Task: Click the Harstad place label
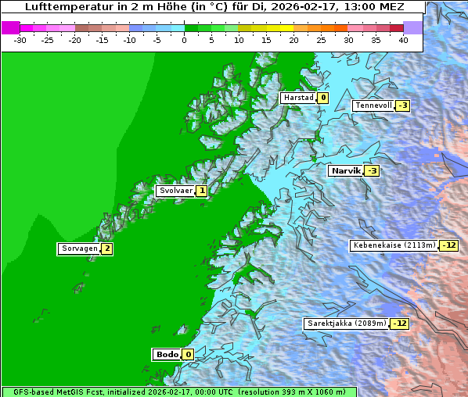point(298,98)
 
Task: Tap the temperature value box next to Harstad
point(322,98)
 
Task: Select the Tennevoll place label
point(373,106)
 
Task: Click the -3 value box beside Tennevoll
point(402,106)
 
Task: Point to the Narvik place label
point(345,170)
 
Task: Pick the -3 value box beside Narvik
point(373,171)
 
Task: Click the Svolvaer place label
point(175,191)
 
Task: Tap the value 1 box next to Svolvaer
point(201,191)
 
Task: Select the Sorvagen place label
point(79,249)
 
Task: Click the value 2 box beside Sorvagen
point(107,249)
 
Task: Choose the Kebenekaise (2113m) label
point(394,245)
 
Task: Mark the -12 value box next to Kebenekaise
point(448,245)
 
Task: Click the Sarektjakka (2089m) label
point(347,323)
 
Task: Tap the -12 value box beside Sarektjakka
point(400,323)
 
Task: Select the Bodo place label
point(167,354)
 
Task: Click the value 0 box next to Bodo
point(188,354)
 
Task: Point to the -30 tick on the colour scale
point(20,39)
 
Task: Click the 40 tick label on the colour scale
point(403,39)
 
